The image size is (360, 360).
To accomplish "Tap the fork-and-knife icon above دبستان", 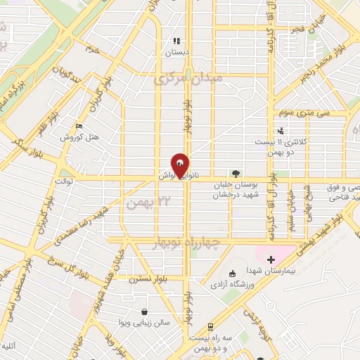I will (176, 41).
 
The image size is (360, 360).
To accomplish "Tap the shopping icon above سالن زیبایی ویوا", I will (144, 312).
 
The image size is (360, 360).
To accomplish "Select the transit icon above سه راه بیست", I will (210, 326).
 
